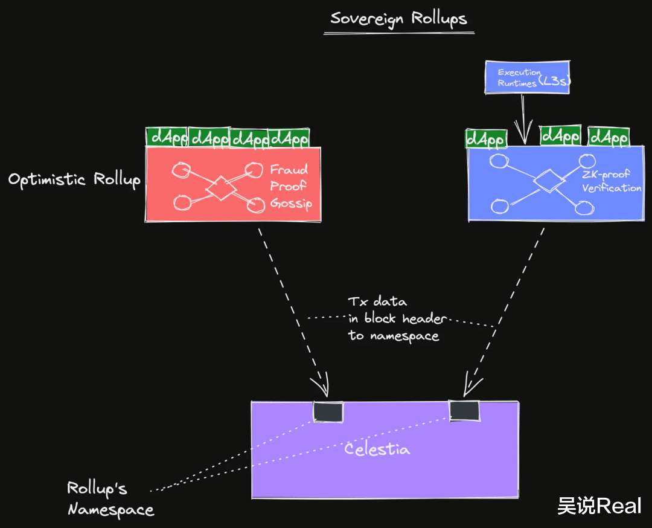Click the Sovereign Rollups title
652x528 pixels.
tap(398, 18)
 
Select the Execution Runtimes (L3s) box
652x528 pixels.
tap(528, 77)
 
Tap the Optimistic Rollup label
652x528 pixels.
tap(74, 179)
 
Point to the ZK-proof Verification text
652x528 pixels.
tap(611, 182)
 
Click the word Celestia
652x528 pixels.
tap(377, 449)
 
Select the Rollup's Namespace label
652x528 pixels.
tap(109, 498)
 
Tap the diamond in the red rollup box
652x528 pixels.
tap(221, 188)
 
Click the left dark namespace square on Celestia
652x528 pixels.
tap(328, 411)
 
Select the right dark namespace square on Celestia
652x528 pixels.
tap(464, 411)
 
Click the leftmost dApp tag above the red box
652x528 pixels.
tap(167, 138)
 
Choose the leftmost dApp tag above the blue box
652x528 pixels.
tap(485, 139)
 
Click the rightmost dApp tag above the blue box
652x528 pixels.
tap(609, 137)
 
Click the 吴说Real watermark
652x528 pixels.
tap(599, 506)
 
